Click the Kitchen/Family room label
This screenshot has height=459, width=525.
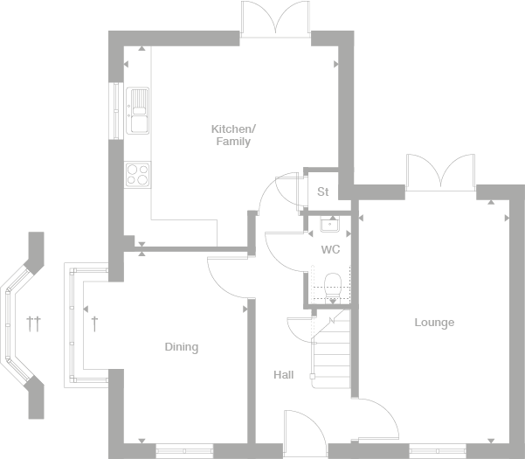tap(231, 136)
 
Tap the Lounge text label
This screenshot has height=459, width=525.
tap(434, 323)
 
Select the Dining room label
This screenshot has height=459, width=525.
tap(182, 347)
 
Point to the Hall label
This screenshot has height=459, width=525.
tap(282, 375)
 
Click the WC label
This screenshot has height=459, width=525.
tap(330, 250)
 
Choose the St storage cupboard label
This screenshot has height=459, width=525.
tap(322, 192)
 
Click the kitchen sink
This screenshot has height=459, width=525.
tap(137, 110)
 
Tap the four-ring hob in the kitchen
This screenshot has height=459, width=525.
tap(137, 175)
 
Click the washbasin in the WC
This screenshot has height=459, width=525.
tap(329, 224)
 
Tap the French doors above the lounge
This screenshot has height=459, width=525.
tap(441, 171)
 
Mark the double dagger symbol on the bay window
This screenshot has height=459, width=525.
tap(33, 323)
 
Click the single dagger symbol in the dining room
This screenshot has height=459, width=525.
tap(95, 323)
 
